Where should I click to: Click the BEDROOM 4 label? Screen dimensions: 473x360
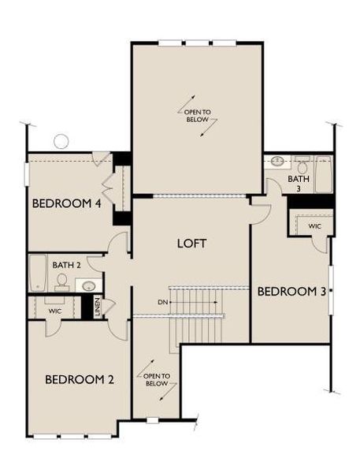pos(66,203)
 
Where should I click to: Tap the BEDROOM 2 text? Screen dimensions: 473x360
pos(80,379)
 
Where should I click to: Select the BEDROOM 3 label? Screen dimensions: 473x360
pos(291,292)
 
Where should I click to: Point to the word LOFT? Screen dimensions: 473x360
pos(191,243)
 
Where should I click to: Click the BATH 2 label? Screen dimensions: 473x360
pos(67,265)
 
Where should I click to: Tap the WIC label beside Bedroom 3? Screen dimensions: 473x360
pos(315,226)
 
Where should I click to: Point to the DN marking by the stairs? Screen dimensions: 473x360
pos(162,302)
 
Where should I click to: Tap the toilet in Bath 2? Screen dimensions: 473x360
pos(61,281)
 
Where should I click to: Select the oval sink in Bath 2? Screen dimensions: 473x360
pos(90,285)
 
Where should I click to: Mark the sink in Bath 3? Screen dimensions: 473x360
pos(277,162)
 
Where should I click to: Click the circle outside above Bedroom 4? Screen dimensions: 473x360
pos(61,142)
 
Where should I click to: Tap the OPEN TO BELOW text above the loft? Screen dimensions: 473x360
pos(196,116)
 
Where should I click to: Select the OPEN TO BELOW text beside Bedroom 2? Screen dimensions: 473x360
pos(156,379)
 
